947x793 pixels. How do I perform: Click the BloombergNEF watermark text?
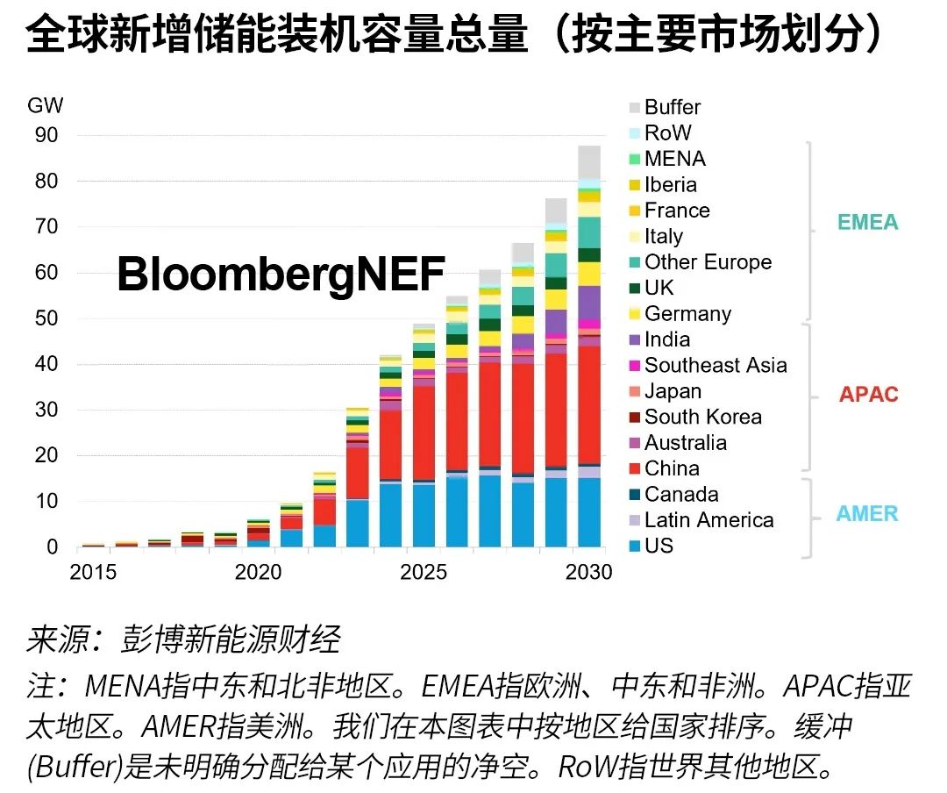pyautogui.click(x=281, y=275)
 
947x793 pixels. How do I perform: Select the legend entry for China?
pyautogui.click(x=672, y=468)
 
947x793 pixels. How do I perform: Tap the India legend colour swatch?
pyautogui.click(x=634, y=339)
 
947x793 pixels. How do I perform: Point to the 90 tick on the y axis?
pyautogui.click(x=46, y=135)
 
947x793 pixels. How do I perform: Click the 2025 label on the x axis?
pyautogui.click(x=424, y=573)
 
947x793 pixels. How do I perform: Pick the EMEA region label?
pyautogui.click(x=868, y=222)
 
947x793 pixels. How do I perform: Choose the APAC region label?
pyautogui.click(x=869, y=394)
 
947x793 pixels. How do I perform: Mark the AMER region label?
pyautogui.click(x=867, y=514)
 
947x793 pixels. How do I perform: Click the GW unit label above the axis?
pyautogui.click(x=46, y=106)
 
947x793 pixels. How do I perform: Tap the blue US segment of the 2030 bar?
pyautogui.click(x=589, y=512)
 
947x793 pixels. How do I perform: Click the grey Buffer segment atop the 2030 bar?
pyautogui.click(x=589, y=162)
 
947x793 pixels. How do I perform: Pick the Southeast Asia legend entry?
pyautogui.click(x=716, y=365)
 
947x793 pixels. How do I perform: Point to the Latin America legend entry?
pyautogui.click(x=708, y=520)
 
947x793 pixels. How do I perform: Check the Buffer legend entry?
pyautogui.click(x=673, y=107)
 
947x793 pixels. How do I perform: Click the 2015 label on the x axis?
pyautogui.click(x=93, y=573)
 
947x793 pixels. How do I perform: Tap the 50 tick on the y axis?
pyautogui.click(x=46, y=318)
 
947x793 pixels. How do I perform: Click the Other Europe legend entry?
pyautogui.click(x=708, y=261)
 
